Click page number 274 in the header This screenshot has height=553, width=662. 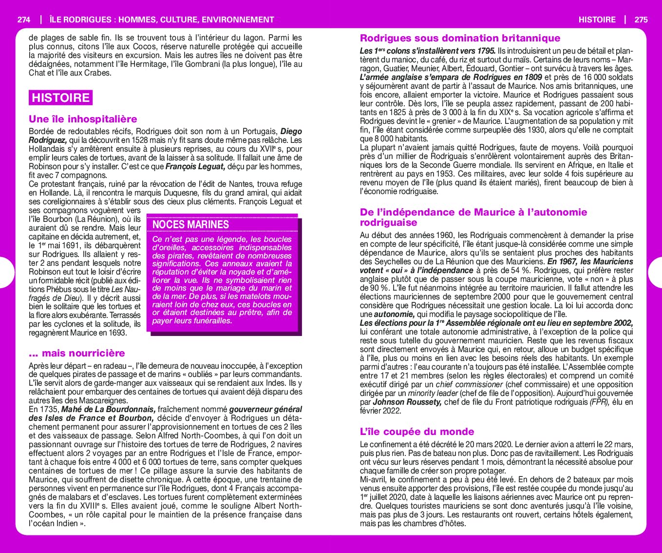click(23, 20)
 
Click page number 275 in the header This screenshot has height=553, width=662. click(641, 20)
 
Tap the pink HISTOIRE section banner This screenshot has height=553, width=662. click(60, 98)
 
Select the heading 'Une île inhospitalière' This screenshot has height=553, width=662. click(83, 119)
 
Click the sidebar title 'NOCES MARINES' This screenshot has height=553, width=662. click(190, 224)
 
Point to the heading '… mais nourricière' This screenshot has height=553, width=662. click(77, 353)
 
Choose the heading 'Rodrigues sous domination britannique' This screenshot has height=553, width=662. click(460, 38)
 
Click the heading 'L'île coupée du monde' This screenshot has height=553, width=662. click(416, 432)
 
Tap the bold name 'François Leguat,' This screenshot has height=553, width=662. click(195, 167)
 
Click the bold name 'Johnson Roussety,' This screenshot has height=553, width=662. click(407, 402)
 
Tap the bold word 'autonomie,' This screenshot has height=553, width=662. click(394, 315)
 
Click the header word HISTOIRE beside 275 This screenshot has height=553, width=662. click(597, 20)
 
